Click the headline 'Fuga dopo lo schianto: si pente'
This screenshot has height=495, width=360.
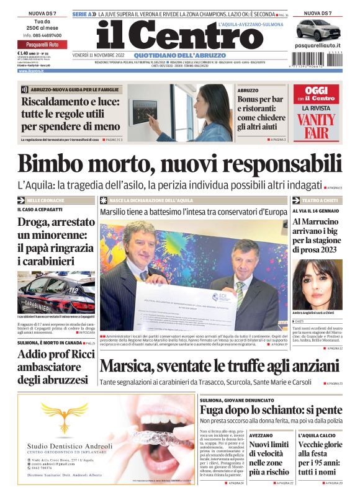(x=271, y=410)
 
